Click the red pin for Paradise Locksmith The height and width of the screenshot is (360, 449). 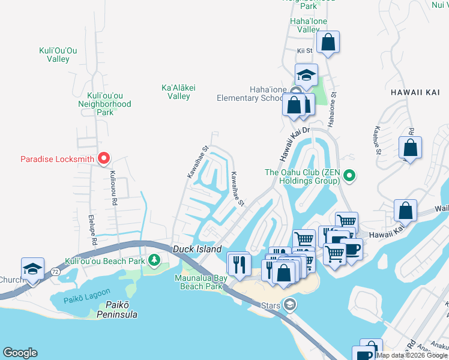[104, 158]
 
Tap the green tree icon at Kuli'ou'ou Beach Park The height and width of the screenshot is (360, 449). [155, 259]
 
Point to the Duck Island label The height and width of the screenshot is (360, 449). [197, 249]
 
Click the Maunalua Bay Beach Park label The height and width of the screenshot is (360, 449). [200, 282]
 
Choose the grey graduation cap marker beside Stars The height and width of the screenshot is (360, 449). [291, 305]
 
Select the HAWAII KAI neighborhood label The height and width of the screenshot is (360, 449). [415, 92]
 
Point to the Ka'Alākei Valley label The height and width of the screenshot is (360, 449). [178, 92]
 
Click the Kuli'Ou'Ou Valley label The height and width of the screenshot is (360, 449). [58, 55]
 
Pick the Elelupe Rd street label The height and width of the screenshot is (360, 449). [94, 229]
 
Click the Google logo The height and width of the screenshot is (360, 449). [20, 353]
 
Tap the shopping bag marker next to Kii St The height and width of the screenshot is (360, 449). [328, 43]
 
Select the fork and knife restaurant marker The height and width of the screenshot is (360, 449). [239, 263]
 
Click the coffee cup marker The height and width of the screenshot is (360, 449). [351, 248]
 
